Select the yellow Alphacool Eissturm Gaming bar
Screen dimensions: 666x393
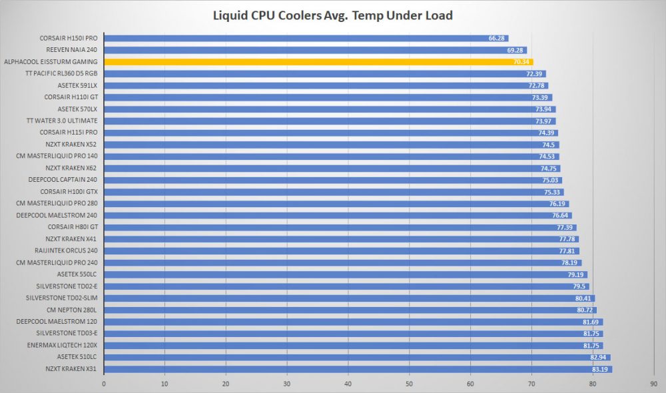[318, 62]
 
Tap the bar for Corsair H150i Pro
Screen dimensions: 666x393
[306, 38]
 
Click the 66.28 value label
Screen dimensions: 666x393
[496, 38]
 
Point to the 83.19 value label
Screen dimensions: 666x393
[600, 369]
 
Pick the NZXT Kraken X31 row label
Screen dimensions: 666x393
[71, 369]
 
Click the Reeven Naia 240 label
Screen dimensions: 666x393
[71, 50]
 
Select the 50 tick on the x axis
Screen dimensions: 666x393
[409, 384]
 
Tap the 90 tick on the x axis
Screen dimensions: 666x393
[654, 384]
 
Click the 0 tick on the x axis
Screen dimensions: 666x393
[104, 384]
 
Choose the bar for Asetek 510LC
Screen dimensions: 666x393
[357, 357]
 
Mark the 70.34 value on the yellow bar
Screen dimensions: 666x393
[521, 62]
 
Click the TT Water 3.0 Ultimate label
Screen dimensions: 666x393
[62, 121]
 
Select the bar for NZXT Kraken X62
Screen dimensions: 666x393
[332, 169]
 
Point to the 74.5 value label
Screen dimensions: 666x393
[548, 145]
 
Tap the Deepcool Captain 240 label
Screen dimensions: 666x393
[63, 180]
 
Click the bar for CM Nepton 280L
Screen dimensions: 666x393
[350, 310]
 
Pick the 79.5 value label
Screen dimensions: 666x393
[579, 286]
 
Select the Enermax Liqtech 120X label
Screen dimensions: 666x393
[62, 345]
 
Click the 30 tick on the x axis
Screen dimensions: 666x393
[286, 384]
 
